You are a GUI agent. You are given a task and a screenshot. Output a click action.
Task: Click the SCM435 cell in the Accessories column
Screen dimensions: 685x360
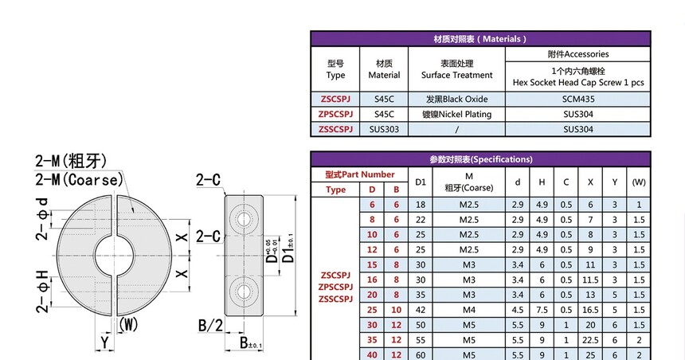tap(578, 100)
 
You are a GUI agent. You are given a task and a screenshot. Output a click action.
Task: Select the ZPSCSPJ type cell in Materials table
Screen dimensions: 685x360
tap(335, 115)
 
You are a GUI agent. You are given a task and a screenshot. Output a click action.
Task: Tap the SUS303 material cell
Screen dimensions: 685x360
tap(384, 129)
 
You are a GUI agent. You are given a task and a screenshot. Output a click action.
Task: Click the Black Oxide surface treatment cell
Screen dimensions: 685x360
tap(456, 100)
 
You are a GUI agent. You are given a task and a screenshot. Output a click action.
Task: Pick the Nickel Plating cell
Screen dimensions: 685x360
tap(456, 115)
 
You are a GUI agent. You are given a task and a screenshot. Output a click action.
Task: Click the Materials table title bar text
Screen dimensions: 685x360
tap(480, 39)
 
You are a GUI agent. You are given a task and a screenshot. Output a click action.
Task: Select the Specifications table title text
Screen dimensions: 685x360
tap(480, 159)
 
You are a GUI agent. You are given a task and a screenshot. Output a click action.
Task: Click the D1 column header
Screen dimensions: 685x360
tap(421, 182)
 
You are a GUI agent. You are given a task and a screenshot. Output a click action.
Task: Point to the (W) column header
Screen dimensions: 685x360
tap(639, 182)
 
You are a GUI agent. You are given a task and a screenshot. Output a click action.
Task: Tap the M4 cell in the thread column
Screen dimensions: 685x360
tap(469, 310)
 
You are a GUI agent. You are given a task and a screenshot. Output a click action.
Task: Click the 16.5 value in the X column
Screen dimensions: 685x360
tap(590, 310)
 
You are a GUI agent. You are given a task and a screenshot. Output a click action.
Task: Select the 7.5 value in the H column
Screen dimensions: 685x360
tap(542, 310)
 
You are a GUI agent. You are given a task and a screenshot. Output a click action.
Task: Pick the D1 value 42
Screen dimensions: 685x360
tap(421, 310)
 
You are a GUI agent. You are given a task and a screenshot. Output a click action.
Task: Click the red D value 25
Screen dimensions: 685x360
tap(372, 310)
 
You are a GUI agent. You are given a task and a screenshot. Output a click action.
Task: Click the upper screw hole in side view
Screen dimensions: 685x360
tap(244, 218)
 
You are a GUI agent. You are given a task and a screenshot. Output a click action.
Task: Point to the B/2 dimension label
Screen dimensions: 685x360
tap(210, 326)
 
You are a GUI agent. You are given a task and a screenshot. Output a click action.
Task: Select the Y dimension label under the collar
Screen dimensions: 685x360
tap(104, 342)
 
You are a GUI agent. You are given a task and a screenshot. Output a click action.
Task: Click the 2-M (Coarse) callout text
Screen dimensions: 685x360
tap(79, 179)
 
